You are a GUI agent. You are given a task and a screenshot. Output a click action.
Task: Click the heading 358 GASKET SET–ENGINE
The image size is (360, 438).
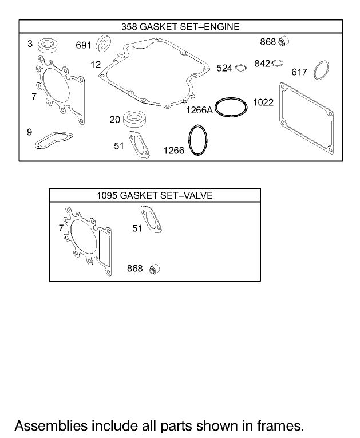coord(180,26)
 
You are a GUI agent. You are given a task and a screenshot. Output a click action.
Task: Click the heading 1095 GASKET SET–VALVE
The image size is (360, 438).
coord(155,195)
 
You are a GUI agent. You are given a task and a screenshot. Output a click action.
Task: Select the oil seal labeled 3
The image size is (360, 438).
coord(46,45)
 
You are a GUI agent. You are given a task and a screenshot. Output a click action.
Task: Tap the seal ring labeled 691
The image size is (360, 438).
coord(104,43)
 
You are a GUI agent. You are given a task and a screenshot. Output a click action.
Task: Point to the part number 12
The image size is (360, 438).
coord(96,65)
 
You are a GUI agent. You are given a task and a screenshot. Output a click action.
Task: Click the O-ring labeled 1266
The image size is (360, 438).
coord(197,140)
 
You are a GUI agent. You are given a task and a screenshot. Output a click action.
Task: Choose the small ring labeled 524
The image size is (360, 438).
coord(241,68)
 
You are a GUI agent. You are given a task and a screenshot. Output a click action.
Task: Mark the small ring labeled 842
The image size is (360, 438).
coord(277,62)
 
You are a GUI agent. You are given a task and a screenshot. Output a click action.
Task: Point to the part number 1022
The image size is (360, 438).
coord(263,103)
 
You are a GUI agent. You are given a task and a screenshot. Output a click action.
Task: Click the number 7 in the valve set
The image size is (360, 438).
coord(61,228)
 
